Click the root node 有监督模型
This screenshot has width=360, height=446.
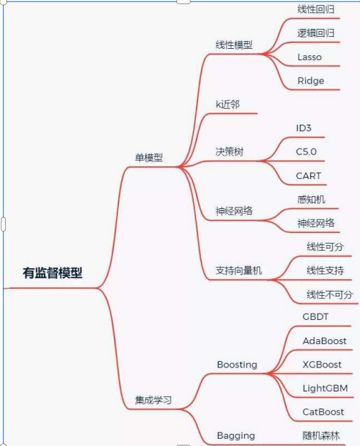[52, 273]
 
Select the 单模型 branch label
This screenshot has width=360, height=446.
[149, 157]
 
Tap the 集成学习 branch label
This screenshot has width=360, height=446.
[153, 400]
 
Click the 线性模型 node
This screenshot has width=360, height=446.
[234, 45]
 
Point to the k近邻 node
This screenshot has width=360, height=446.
[228, 104]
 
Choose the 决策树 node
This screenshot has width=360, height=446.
[229, 151]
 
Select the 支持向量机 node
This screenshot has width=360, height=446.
[238, 270]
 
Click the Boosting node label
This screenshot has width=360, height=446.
[237, 365]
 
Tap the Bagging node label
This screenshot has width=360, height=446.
[236, 436]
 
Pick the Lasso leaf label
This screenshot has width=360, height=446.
[309, 57]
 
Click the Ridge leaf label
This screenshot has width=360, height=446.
[310, 81]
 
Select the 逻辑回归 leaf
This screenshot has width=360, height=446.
[315, 33]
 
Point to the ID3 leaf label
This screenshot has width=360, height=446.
[303, 128]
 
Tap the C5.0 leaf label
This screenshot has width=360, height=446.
[306, 151]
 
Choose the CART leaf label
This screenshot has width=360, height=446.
[308, 176]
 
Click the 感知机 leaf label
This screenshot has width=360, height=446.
[311, 200]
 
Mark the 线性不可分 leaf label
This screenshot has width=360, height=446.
[330, 295]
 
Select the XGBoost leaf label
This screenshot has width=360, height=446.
[322, 365]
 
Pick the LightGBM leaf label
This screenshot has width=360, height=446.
[325, 388]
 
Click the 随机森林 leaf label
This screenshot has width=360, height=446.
[321, 436]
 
